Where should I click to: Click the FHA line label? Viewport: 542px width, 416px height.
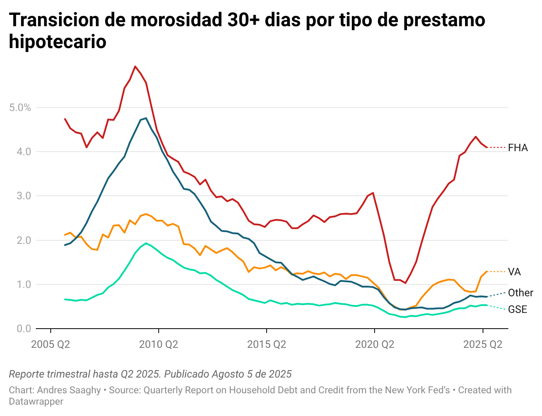click(518, 148)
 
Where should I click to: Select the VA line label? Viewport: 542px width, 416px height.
click(514, 272)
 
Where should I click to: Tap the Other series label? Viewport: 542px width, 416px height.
click(520, 293)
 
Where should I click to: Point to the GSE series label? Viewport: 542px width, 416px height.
click(518, 310)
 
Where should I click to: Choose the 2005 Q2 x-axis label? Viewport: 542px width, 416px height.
click(51, 344)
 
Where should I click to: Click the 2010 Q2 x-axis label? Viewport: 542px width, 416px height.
click(159, 344)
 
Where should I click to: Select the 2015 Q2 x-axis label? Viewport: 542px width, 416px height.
click(267, 344)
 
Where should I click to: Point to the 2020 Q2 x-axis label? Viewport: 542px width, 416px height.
click(375, 344)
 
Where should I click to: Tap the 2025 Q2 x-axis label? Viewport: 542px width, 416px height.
click(483, 344)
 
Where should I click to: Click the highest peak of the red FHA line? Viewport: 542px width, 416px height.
click(135, 66)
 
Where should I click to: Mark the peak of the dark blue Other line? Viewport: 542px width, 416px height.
click(146, 118)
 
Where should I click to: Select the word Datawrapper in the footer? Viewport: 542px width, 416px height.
click(36, 401)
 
